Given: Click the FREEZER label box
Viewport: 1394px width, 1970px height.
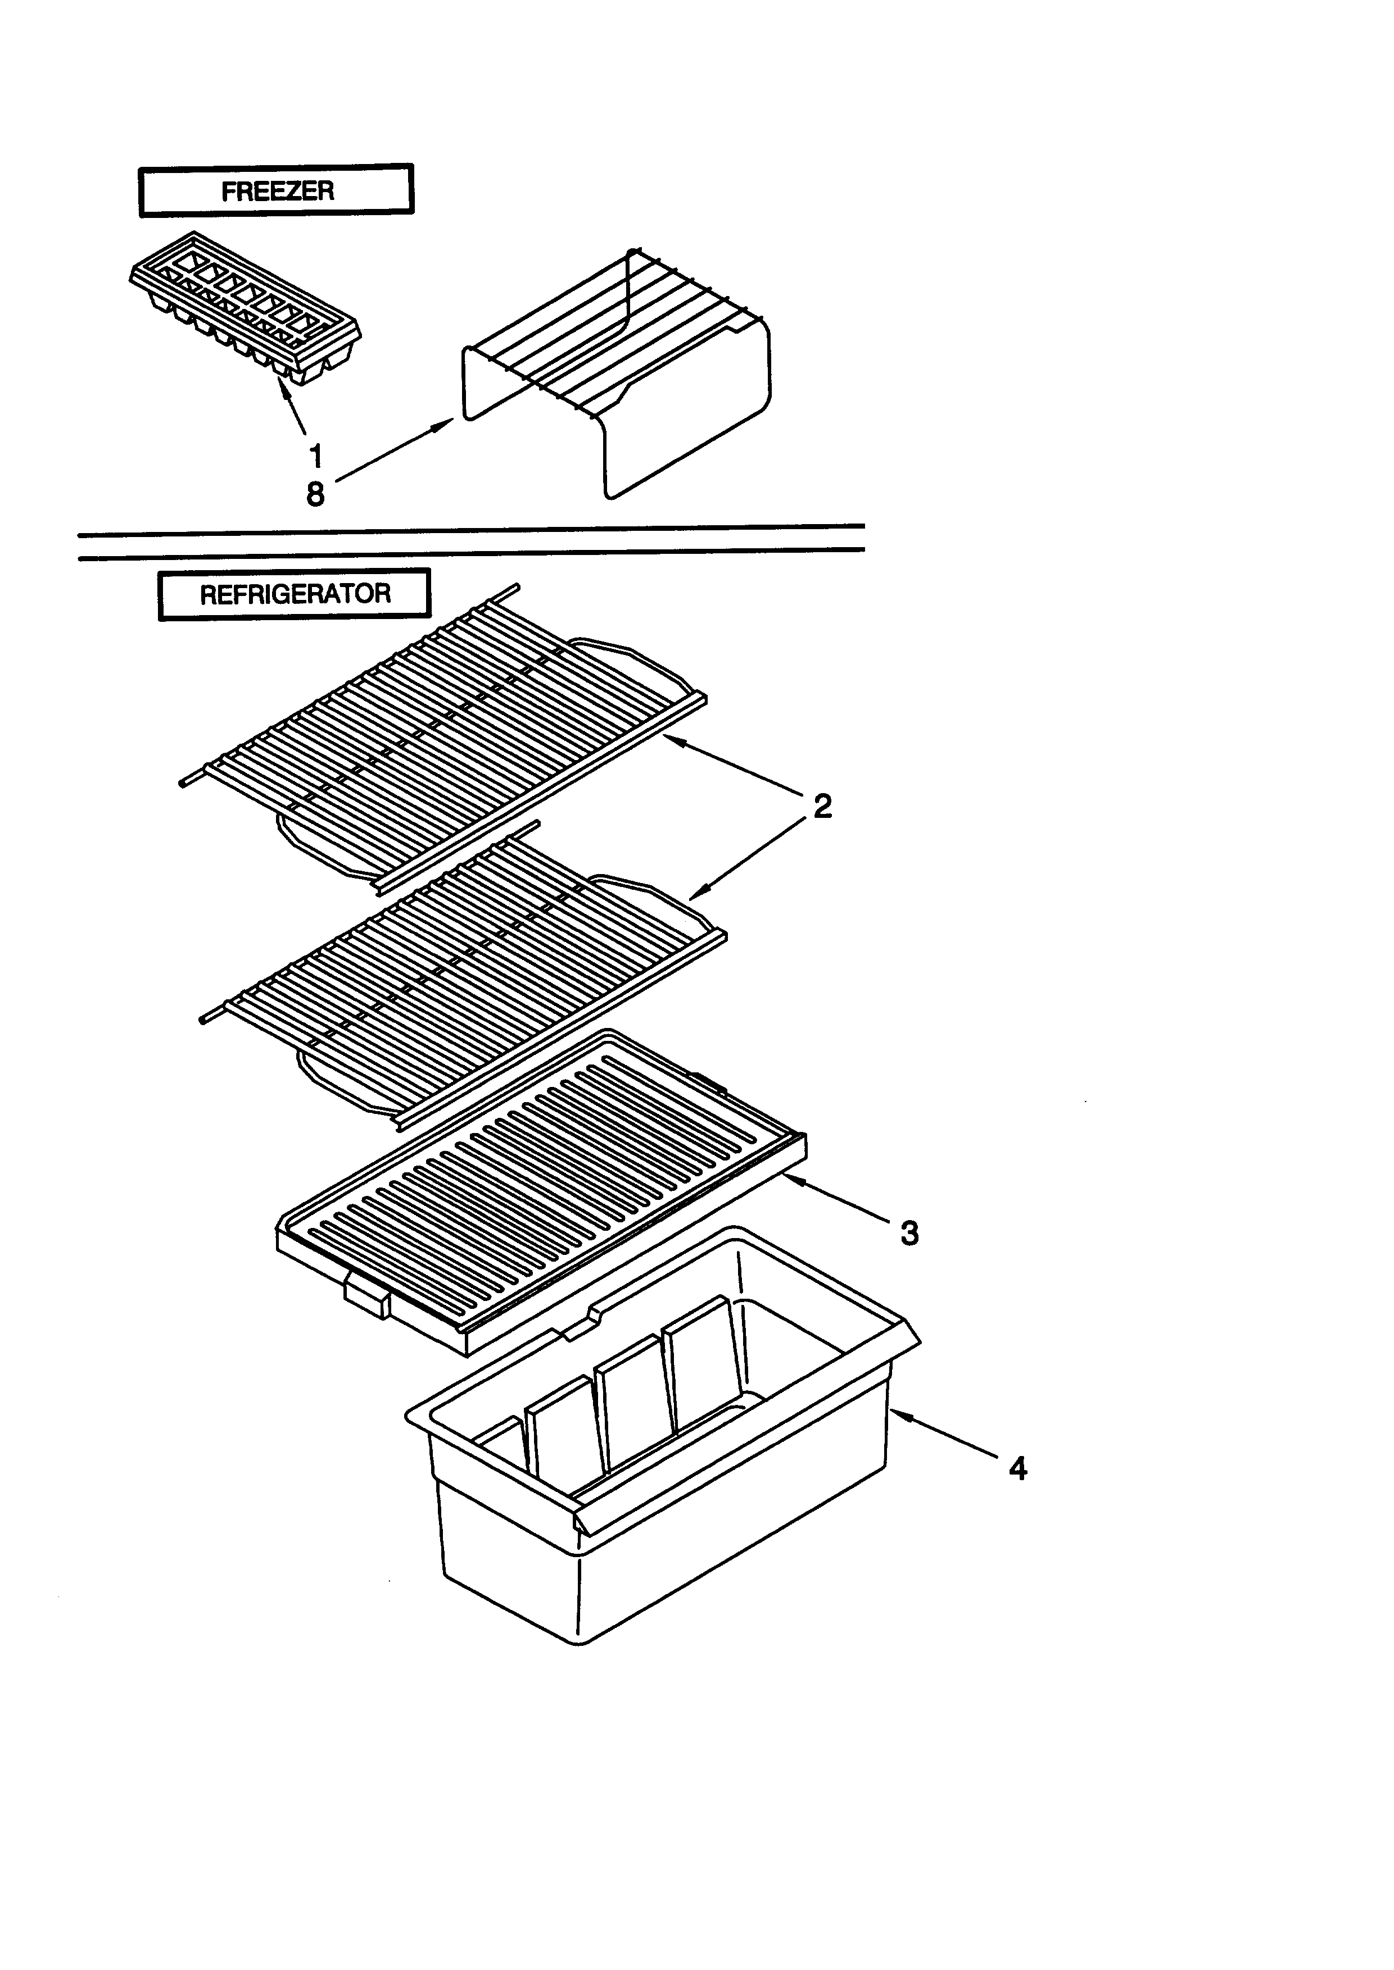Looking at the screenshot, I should (277, 190).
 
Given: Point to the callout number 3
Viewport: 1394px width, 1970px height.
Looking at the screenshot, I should (909, 1233).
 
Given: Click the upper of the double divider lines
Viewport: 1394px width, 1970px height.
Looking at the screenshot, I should (470, 524).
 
